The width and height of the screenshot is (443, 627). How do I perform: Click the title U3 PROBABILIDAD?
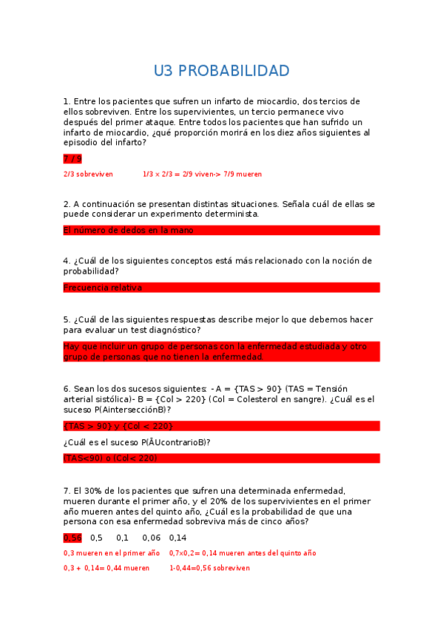[221, 71]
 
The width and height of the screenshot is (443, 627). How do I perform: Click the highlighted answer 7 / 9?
[72, 159]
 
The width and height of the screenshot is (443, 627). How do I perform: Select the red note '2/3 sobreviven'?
[88, 174]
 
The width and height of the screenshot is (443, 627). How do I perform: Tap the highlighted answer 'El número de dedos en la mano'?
[129, 231]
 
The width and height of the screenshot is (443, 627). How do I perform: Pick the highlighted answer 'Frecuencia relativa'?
[103, 288]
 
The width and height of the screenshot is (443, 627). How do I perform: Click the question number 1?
[67, 101]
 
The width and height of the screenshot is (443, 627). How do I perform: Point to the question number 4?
[67, 261]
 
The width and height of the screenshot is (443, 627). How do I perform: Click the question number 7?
[67, 491]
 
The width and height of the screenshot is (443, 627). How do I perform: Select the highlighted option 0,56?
[72, 538]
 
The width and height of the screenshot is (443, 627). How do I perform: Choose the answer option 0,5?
[97, 538]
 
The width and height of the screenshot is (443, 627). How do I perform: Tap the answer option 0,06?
[152, 538]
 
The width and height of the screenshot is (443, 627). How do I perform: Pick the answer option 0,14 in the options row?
[177, 538]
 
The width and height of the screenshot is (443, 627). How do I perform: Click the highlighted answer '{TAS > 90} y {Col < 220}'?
[118, 426]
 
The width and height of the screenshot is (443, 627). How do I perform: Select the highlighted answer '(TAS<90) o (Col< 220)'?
[110, 458]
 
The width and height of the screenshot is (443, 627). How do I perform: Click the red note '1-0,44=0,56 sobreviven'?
[209, 569]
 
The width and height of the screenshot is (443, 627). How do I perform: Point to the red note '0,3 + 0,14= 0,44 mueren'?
[106, 569]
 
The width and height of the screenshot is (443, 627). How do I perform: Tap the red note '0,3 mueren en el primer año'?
[112, 553]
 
